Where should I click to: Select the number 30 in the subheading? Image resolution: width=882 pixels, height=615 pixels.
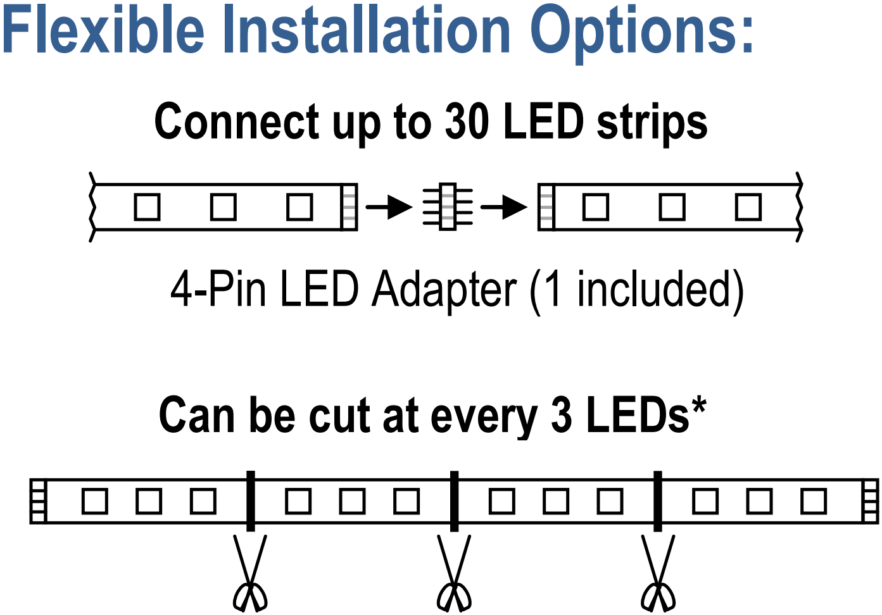coord(467,121)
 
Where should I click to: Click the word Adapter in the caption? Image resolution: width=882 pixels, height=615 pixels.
coord(444,290)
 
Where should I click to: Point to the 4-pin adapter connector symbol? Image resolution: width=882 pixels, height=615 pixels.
coord(448,206)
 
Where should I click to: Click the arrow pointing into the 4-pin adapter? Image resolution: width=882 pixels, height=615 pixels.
coord(389,206)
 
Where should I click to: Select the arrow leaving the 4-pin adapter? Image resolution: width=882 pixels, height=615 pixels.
coord(504,206)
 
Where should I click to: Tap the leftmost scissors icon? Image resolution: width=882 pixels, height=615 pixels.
coord(250,576)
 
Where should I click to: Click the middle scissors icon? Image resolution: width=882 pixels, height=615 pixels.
coord(454,576)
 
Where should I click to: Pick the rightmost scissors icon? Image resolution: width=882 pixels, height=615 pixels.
coord(658,576)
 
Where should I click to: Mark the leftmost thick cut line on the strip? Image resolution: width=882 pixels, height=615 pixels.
coord(251,501)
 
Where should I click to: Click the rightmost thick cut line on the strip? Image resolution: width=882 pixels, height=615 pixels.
coord(658,501)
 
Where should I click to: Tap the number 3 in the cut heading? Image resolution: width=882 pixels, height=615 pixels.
coord(561,416)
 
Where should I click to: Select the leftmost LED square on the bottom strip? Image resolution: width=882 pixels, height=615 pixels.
coord(95,502)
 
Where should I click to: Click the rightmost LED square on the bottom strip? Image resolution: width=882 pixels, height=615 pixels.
coord(814,502)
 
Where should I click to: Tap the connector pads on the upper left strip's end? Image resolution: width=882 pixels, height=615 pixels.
coord(349,207)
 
